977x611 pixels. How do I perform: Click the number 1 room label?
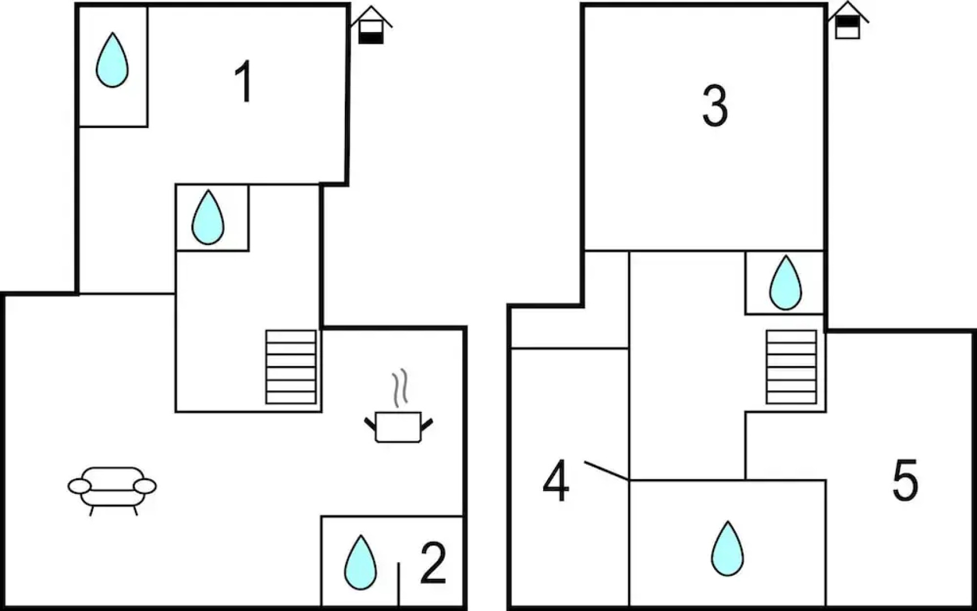244,83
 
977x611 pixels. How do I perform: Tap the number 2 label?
433,563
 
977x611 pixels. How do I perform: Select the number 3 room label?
715,106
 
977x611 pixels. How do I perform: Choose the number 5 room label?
905,481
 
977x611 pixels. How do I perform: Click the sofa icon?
112,488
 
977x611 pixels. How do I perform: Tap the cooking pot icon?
398,427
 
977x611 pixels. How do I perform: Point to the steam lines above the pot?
400,388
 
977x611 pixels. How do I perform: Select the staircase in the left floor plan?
291,367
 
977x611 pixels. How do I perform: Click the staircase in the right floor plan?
791,367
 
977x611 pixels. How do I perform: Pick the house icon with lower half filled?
371,26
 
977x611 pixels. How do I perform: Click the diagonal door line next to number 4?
606,471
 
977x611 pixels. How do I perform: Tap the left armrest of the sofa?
79,486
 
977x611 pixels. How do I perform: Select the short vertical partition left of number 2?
399,584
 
